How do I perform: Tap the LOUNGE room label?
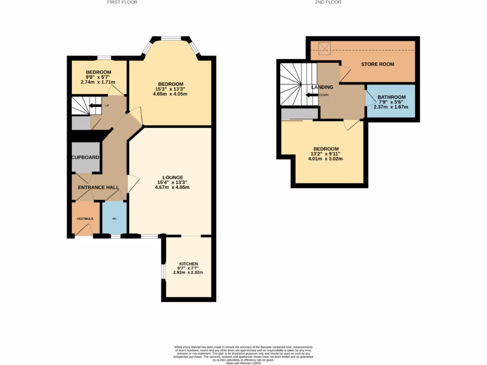tap(170, 177)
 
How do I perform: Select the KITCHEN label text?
tap(188, 264)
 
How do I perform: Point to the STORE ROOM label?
tap(377, 64)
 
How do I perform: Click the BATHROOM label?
tap(391, 97)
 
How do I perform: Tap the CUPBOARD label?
tap(86, 157)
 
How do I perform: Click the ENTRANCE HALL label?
tap(98, 188)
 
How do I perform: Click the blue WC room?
tap(115, 218)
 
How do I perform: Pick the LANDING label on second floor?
tap(322, 87)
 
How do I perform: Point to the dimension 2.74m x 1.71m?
tap(98, 82)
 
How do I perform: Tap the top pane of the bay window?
tap(170, 38)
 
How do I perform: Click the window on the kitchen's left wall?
tap(163, 271)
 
